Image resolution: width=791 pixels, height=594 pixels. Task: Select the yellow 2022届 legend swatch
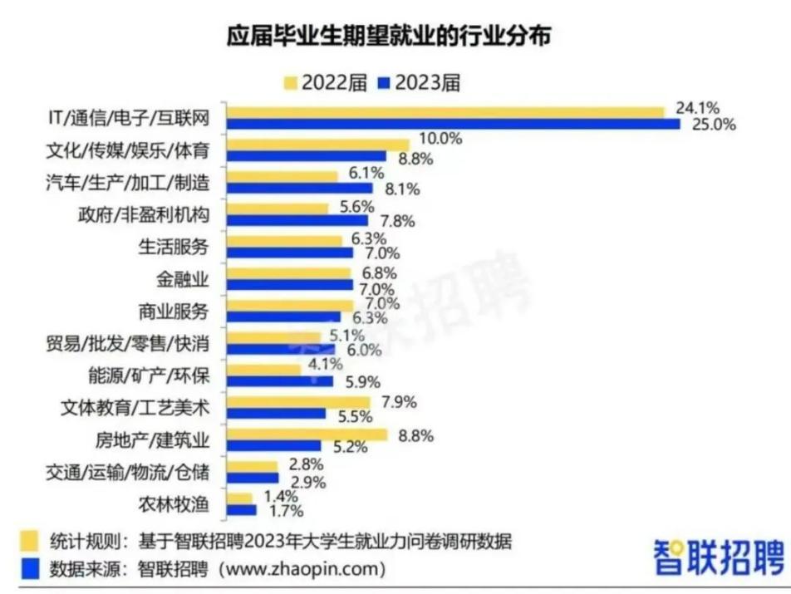(x=292, y=82)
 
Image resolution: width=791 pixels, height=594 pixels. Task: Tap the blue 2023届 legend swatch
(x=384, y=82)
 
